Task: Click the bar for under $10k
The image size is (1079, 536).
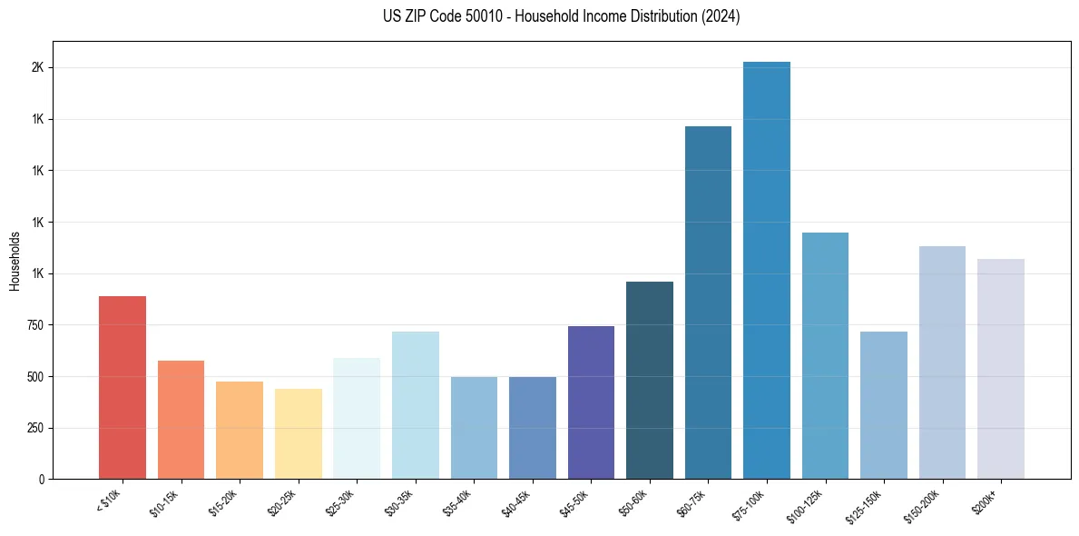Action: (x=122, y=388)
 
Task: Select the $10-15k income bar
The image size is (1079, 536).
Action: (x=181, y=420)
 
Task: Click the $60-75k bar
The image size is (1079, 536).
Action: (x=708, y=303)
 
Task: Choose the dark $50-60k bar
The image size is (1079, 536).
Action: (x=649, y=381)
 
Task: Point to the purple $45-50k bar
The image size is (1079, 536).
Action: (x=591, y=402)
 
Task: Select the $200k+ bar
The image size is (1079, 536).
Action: (x=1000, y=369)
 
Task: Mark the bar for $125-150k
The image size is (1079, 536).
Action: (x=883, y=405)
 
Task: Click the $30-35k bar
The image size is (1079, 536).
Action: (x=415, y=405)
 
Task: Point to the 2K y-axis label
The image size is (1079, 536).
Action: (x=38, y=68)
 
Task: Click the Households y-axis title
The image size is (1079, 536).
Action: (x=15, y=261)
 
